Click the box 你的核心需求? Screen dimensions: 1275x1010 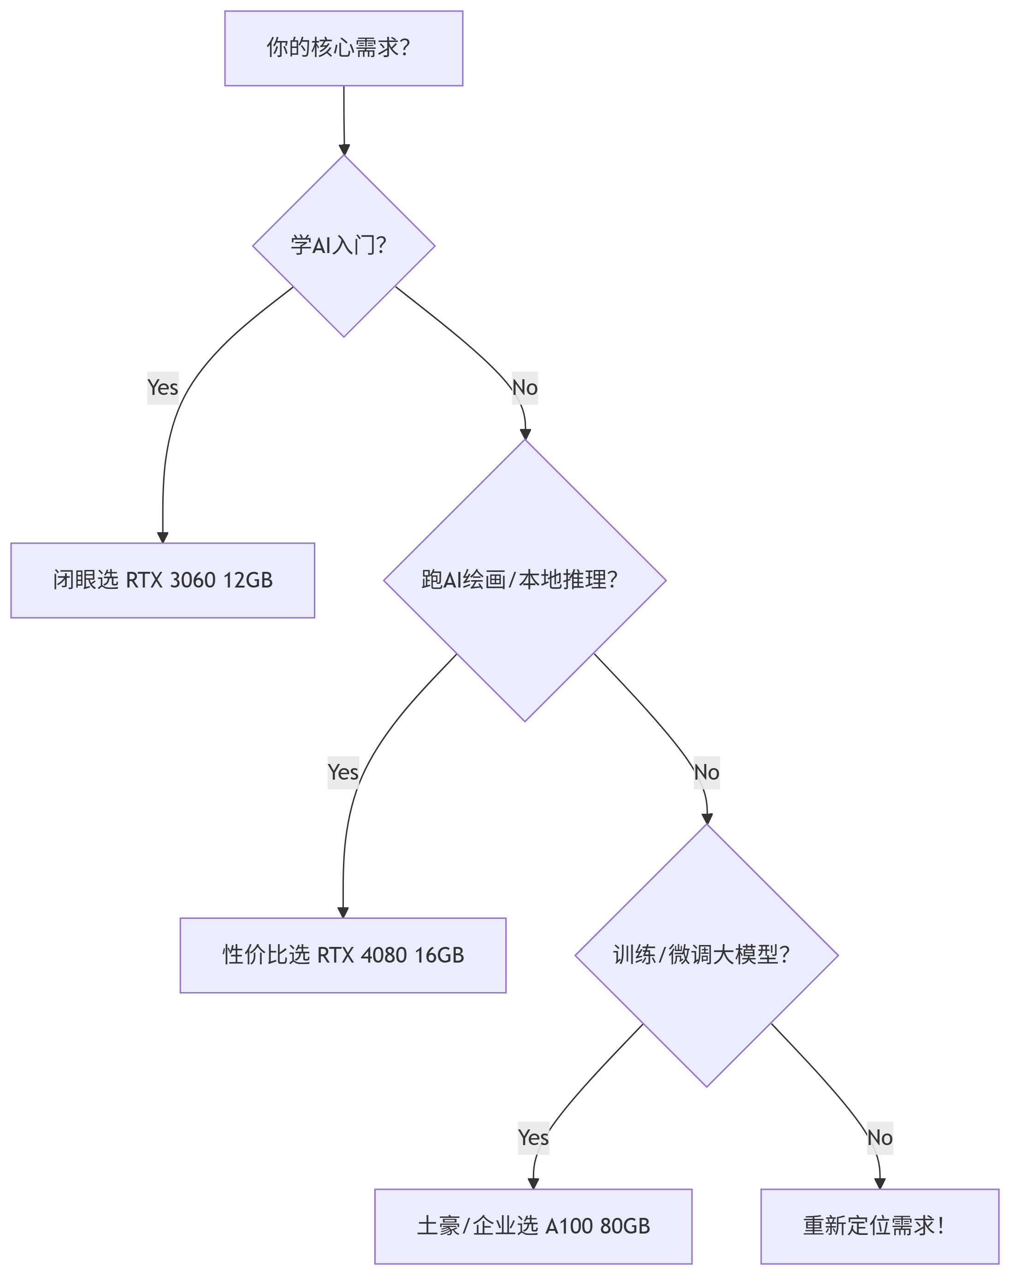pyautogui.click(x=343, y=48)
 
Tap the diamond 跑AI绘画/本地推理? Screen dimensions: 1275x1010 pyautogui.click(x=525, y=580)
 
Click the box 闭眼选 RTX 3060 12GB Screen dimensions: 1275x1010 pyautogui.click(x=163, y=580)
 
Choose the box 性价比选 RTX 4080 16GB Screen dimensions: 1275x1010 pyautogui.click(x=343, y=955)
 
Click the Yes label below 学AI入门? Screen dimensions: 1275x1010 pyautogui.click(x=163, y=388)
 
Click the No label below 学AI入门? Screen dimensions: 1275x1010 pyautogui.click(x=525, y=388)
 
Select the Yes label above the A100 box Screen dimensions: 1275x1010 pyautogui.click(x=533, y=1137)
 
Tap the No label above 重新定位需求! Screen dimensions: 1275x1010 pyautogui.click(x=880, y=1137)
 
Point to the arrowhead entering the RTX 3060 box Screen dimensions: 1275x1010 pyautogui.click(x=163, y=537)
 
